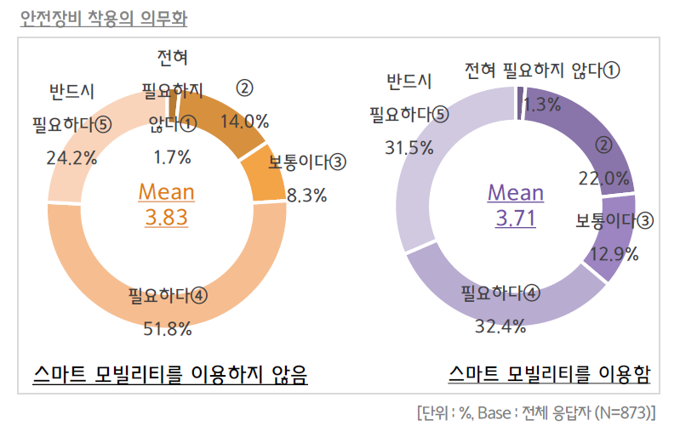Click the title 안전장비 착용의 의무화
104,17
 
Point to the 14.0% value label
244,121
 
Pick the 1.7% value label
172,156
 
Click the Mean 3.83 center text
166,204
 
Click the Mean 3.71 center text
515,204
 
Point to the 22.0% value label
604,178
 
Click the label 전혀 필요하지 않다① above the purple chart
542,71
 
